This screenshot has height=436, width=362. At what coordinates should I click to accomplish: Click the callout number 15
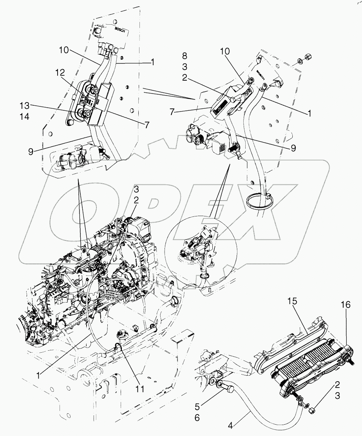[303, 302]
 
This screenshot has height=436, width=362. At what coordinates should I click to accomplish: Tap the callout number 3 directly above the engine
[136, 189]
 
